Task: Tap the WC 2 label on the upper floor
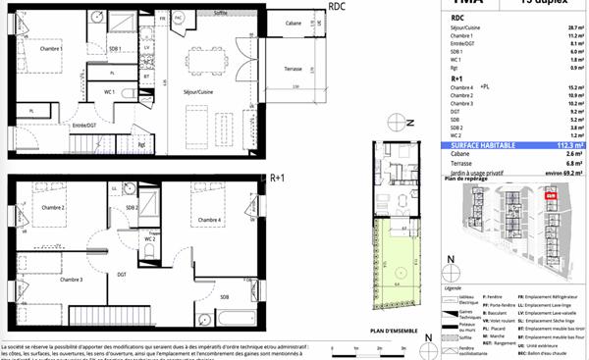(150, 238)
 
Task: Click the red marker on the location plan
(551, 196)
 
